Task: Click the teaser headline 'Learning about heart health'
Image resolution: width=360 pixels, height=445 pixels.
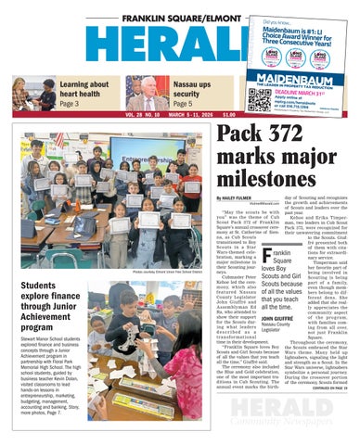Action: (84, 89)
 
